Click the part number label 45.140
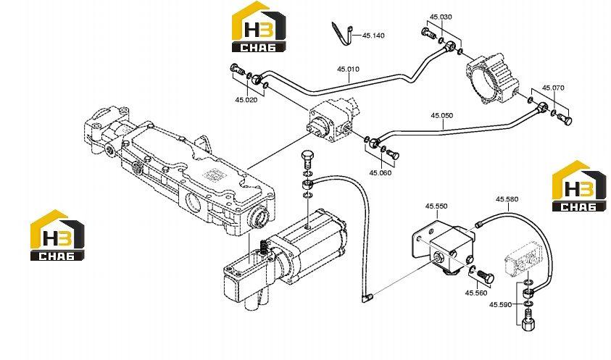point(373,35)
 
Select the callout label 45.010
point(349,69)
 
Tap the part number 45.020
point(246,100)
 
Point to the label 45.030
point(441,17)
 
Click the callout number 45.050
point(442,115)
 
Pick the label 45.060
point(381,172)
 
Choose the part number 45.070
point(553,88)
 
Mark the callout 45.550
point(436,206)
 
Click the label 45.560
point(476,293)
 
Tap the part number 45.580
point(507,199)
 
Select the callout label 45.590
point(500,305)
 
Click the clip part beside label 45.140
point(343,34)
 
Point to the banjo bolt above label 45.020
point(236,70)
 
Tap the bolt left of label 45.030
point(428,33)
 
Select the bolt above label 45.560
point(486,276)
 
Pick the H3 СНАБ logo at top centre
point(259,27)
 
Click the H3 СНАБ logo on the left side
point(58,235)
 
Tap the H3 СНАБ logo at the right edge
point(579,186)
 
